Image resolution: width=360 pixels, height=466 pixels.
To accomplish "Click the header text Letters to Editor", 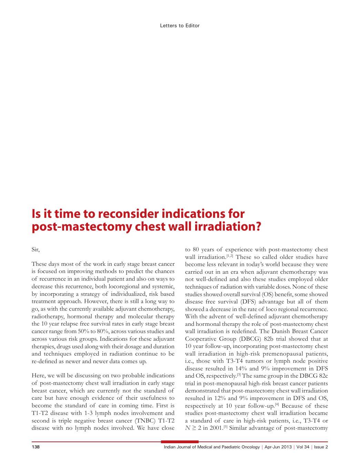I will point(180,26).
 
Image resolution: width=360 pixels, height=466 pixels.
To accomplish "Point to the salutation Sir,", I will point(36,249).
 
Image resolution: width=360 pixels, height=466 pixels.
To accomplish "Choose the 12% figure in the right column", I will point(214,398).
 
